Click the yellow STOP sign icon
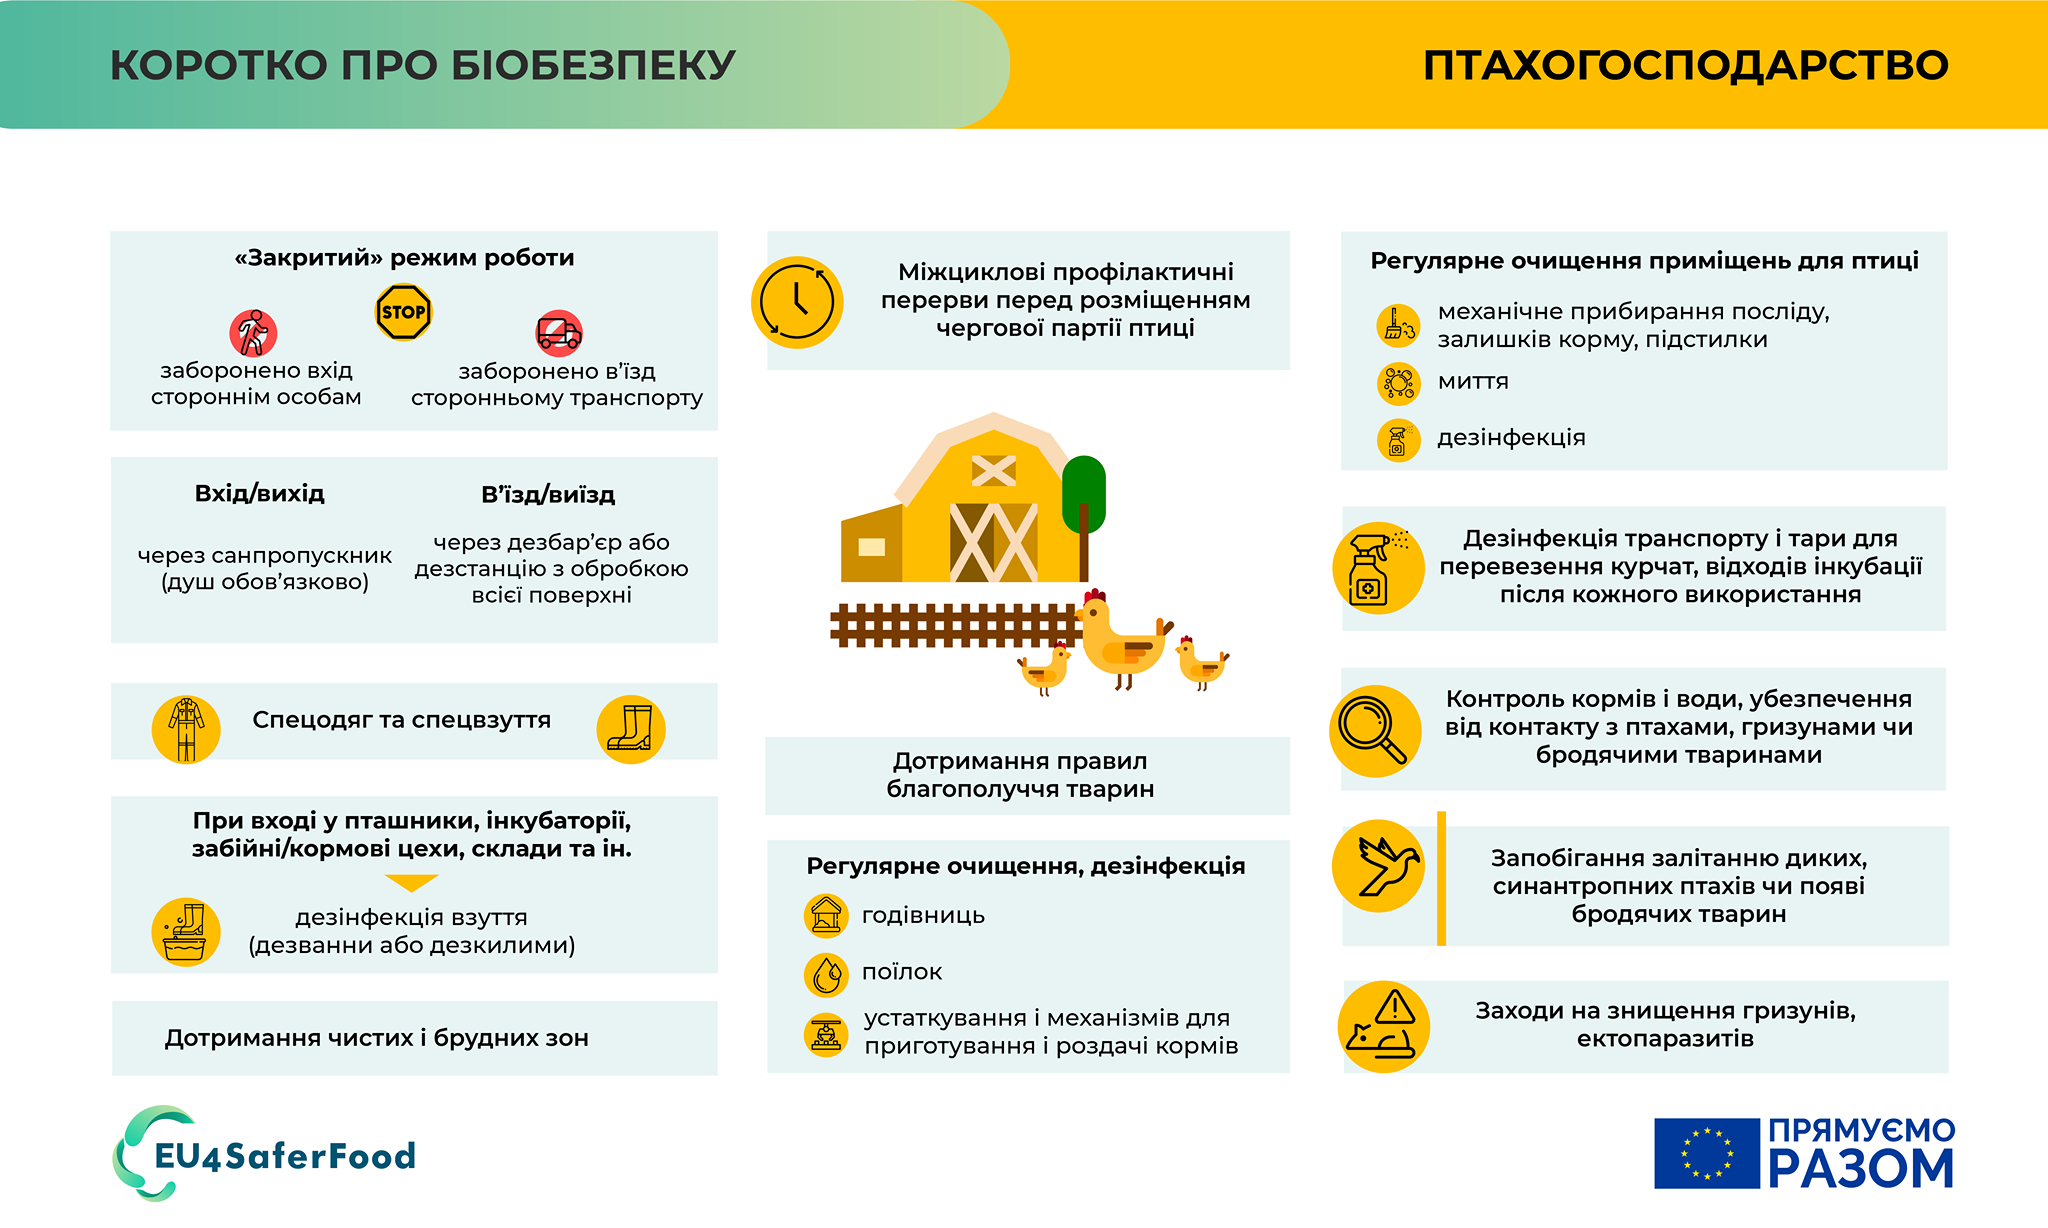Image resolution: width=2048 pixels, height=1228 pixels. click(403, 313)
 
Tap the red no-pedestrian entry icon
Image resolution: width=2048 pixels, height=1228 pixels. click(253, 333)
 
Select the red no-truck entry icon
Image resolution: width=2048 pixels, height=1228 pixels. click(559, 333)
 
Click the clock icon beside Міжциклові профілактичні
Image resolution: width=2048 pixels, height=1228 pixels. click(797, 302)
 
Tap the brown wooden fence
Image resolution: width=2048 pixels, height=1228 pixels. click(956, 625)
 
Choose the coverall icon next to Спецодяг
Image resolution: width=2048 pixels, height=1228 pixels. click(186, 729)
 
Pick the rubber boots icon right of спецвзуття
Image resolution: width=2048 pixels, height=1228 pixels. click(631, 729)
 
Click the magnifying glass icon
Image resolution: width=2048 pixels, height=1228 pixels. click(1375, 731)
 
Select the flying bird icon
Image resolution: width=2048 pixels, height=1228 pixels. click(1379, 866)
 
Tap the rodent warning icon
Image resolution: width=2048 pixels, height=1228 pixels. click(1384, 1027)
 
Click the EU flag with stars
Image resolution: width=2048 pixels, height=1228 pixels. click(1706, 1153)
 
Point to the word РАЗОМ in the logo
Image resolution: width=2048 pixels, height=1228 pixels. click(1861, 1168)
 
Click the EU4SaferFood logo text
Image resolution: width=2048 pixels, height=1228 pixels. click(285, 1156)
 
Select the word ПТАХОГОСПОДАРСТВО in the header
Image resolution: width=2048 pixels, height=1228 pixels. click(1686, 65)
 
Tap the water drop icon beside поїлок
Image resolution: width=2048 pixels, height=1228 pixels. click(826, 974)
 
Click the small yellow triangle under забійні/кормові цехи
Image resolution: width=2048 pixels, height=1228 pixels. click(411, 882)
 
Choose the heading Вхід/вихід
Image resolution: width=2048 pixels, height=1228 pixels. click(260, 494)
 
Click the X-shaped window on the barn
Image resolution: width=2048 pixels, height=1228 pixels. click(993, 470)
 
